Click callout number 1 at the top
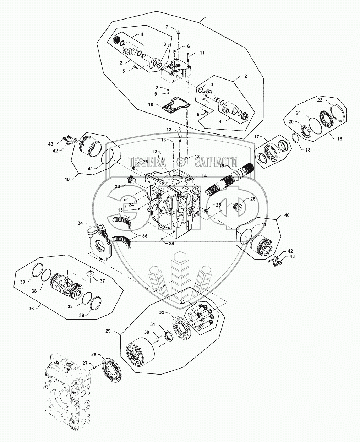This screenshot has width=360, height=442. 212,17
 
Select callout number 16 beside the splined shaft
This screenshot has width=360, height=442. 222,165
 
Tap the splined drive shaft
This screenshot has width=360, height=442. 229,178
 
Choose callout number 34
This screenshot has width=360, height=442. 80,223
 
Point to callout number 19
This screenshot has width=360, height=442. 339,139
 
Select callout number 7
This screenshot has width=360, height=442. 167,27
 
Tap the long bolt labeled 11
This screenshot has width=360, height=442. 188,57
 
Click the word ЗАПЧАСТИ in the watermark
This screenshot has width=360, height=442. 216,162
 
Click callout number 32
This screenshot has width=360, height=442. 162,318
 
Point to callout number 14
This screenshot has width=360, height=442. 204,176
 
